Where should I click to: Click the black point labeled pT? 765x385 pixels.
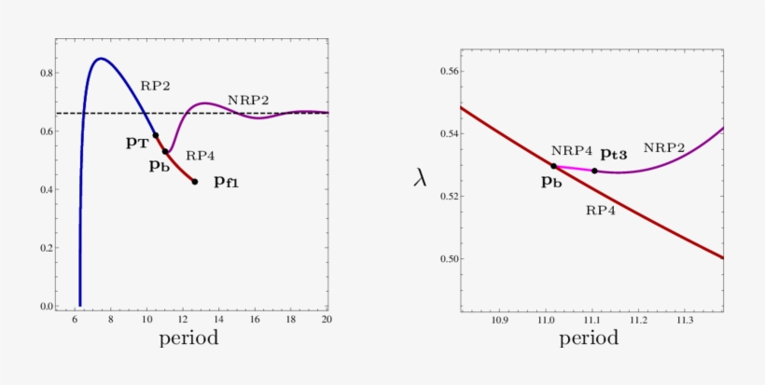coord(156,135)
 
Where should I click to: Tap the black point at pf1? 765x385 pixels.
coord(195,182)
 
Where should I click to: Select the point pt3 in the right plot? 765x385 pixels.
coord(594,171)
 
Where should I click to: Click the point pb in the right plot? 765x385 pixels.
coord(553,166)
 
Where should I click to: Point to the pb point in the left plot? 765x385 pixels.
coord(165,151)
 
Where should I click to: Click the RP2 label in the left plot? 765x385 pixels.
coord(155,85)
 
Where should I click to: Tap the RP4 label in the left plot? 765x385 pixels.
coord(201,156)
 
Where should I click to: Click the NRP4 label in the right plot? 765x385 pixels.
coord(572,150)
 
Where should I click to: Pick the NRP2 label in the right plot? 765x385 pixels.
coord(663,147)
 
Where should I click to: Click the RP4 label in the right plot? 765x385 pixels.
coord(601,211)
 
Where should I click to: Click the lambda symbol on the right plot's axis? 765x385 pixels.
coord(422,177)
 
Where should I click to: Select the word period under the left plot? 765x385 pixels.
coord(189,337)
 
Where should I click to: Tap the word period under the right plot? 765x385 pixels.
coord(589,337)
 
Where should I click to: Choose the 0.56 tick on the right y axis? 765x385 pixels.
coord(447,71)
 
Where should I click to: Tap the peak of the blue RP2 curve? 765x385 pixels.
coord(100,59)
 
